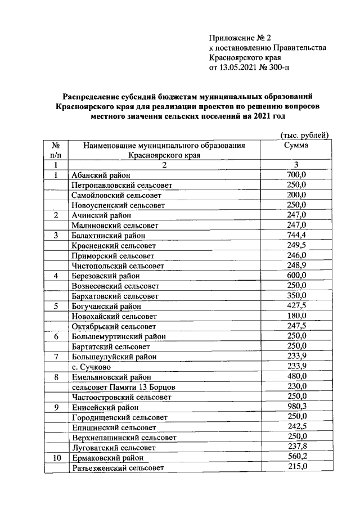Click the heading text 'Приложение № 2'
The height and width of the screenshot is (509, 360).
(x=240, y=38)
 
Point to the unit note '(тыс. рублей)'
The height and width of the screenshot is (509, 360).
(x=304, y=135)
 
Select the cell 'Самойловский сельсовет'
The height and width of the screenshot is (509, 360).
(x=116, y=195)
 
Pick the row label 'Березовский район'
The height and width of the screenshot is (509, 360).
(x=105, y=276)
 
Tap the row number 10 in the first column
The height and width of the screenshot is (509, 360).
(x=56, y=458)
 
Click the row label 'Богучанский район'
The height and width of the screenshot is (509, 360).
(x=106, y=307)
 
